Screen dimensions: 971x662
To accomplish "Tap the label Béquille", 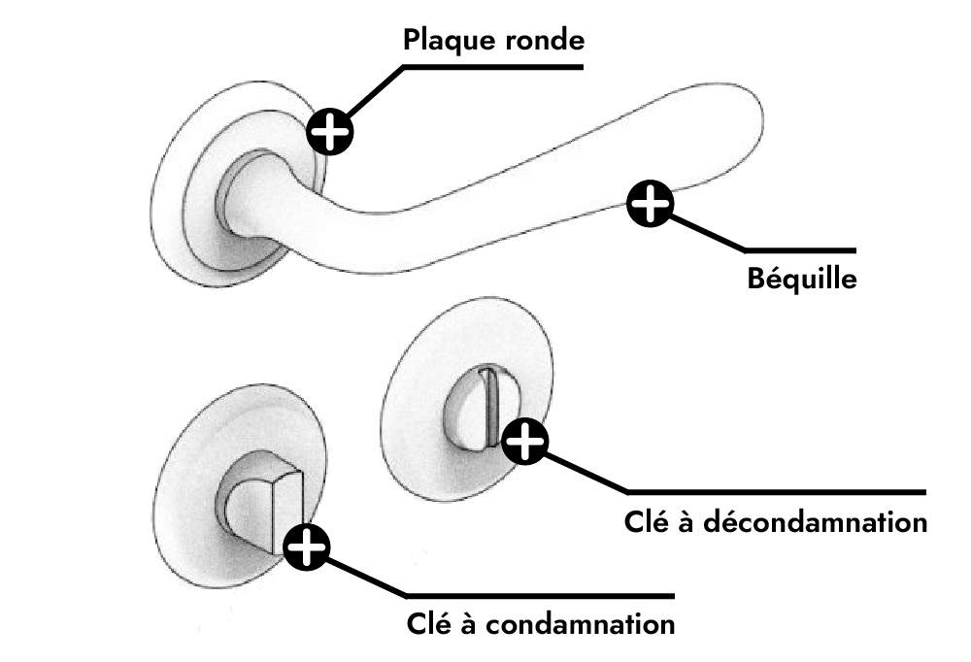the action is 802,278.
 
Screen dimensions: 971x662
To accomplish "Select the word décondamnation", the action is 815,522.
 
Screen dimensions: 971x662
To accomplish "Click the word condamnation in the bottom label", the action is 580,623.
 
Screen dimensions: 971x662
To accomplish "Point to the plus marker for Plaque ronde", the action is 330,131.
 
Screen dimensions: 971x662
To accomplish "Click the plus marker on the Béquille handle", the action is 650,203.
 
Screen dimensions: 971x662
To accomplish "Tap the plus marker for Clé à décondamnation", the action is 524,441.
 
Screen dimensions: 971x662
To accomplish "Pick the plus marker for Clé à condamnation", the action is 307,546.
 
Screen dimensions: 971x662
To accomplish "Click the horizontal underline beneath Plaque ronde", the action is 493,67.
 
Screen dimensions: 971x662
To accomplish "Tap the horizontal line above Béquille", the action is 800,250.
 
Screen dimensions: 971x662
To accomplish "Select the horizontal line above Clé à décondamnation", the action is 777,492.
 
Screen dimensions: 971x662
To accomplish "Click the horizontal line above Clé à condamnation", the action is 540,596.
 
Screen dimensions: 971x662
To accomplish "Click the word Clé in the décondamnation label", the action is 647,521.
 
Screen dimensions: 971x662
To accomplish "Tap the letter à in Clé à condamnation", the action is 469,623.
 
